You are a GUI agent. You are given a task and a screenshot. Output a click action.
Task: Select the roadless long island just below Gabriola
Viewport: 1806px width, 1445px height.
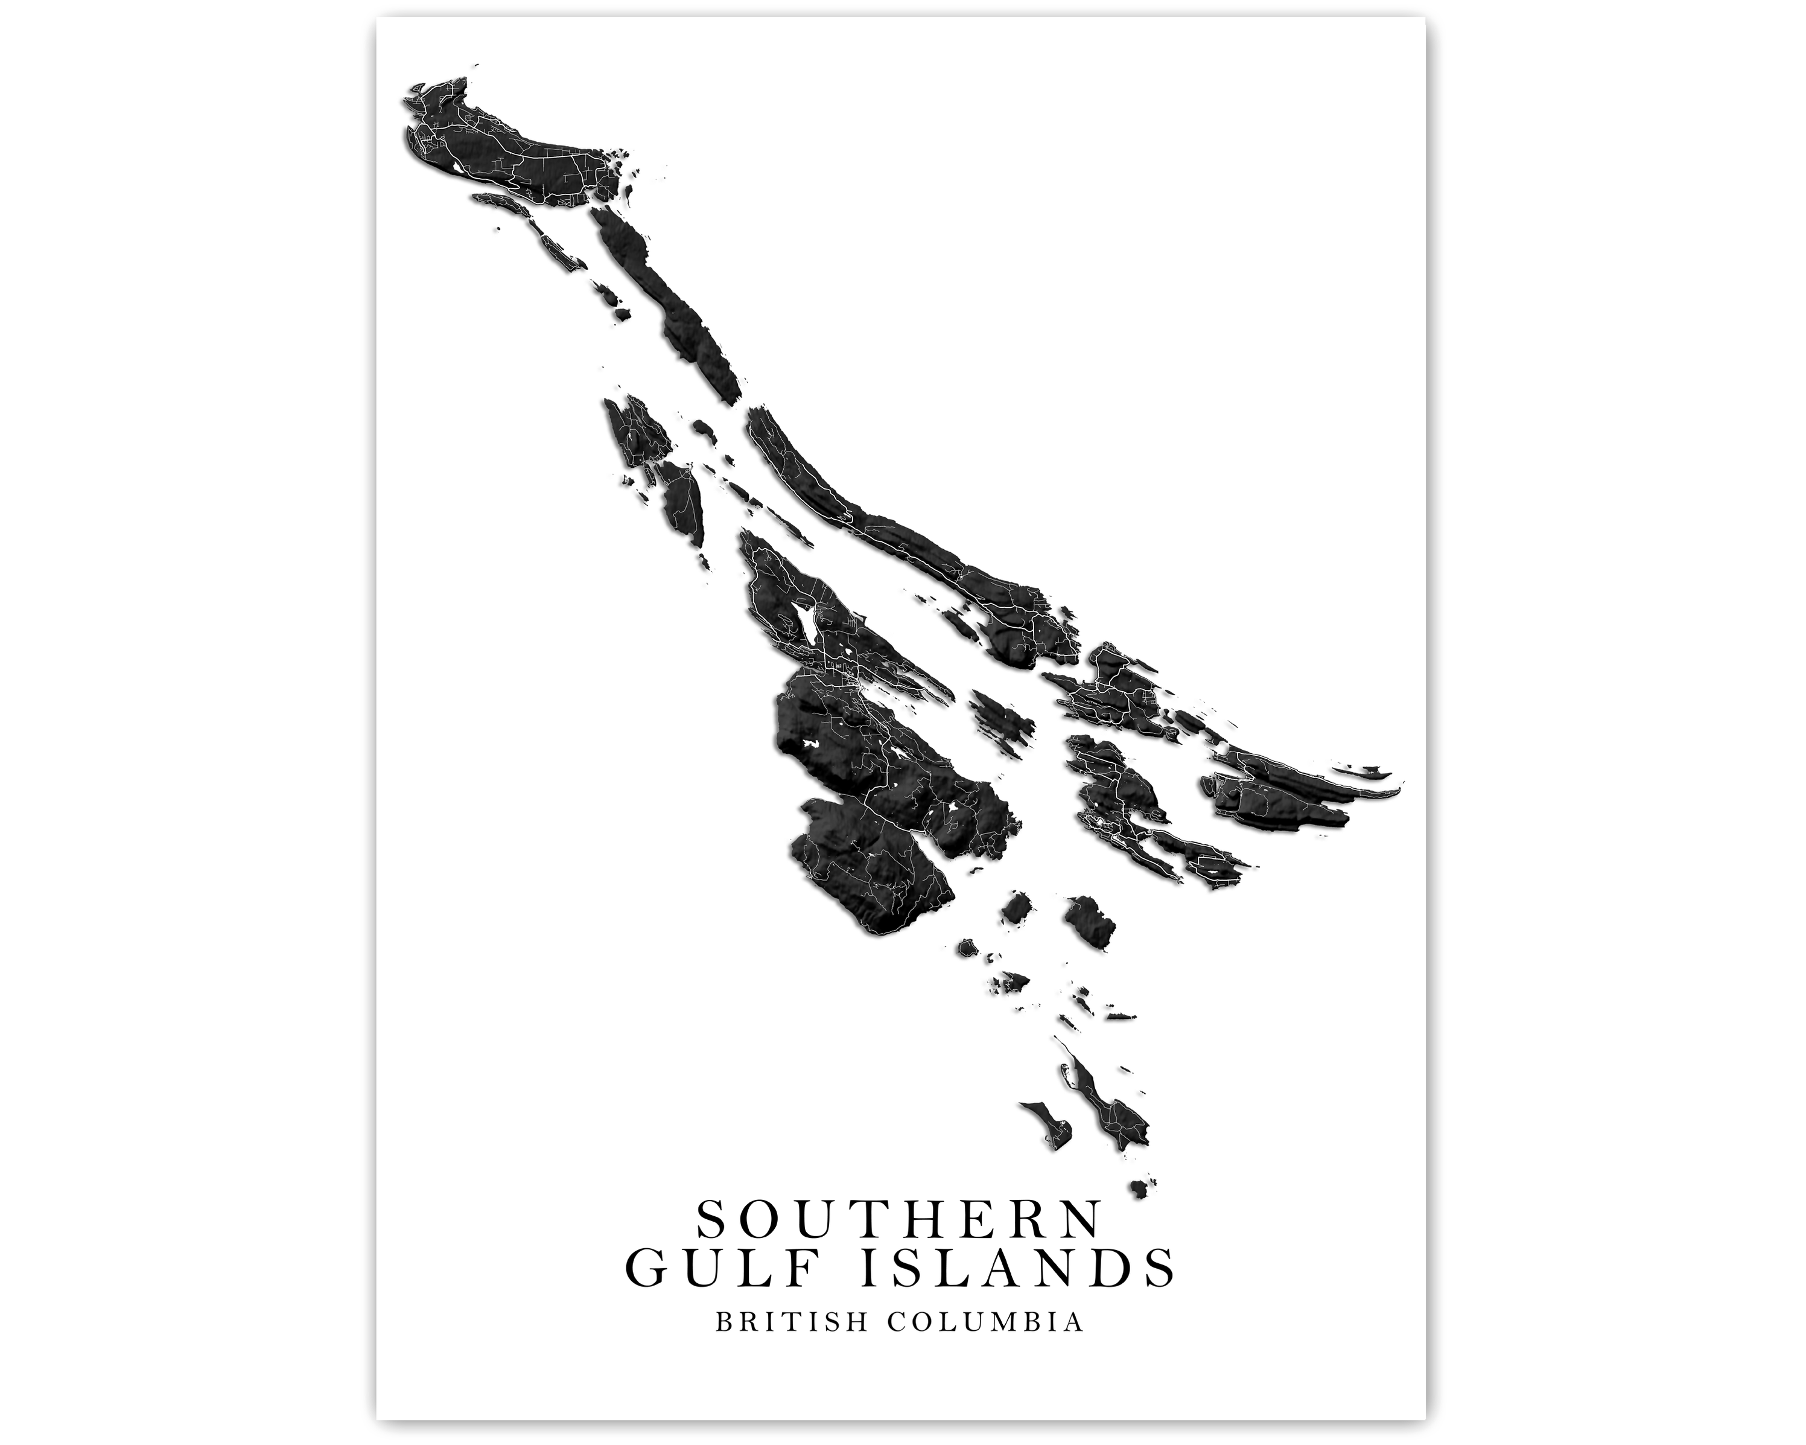(x=670, y=310)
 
